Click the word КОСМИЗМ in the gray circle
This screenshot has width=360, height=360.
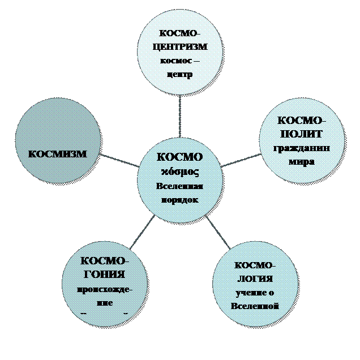[58, 153]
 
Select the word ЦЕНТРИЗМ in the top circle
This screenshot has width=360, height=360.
[181, 46]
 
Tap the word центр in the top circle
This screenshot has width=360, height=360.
[181, 75]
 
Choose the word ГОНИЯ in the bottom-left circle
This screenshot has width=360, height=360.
[105, 275]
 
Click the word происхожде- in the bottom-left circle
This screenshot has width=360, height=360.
[105, 289]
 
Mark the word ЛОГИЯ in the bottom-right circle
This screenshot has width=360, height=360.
[254, 278]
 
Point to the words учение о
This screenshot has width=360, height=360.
[254, 293]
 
